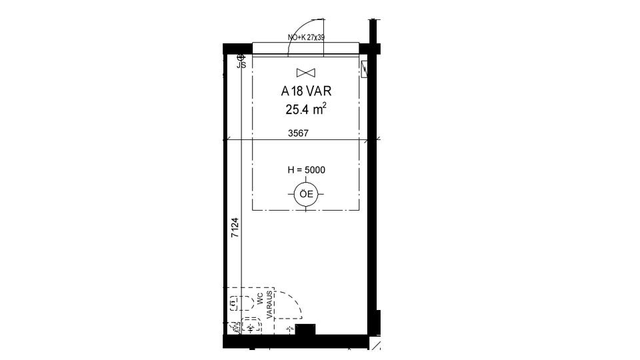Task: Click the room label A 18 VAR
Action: tap(306, 91)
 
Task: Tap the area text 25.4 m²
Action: tap(306, 109)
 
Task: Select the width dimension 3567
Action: tap(299, 133)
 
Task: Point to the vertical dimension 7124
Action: tap(235, 228)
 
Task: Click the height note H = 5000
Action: tap(306, 170)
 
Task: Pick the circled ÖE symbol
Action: tap(307, 194)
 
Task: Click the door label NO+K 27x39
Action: tap(306, 37)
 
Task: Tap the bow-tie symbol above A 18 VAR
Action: tap(306, 73)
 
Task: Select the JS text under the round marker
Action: tap(241, 65)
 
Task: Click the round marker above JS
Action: tap(241, 57)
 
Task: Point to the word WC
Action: tap(260, 299)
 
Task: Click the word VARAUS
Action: tap(269, 305)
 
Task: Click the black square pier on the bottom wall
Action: tap(305, 329)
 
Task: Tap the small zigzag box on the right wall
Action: tap(364, 69)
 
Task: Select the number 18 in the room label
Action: tap(297, 91)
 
